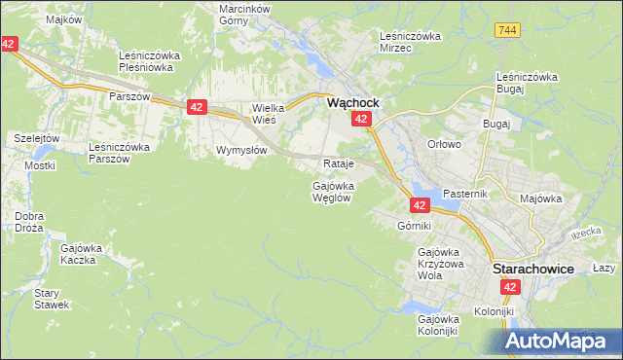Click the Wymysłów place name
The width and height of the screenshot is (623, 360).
240,151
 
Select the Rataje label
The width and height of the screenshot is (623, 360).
337,163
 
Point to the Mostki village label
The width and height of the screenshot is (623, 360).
40,165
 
